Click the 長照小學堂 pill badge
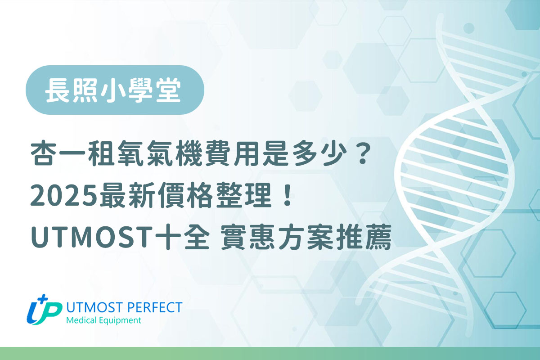click(115, 90)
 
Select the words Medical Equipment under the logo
click(103, 320)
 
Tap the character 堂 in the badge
click(171, 90)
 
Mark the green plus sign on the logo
click(44, 300)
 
